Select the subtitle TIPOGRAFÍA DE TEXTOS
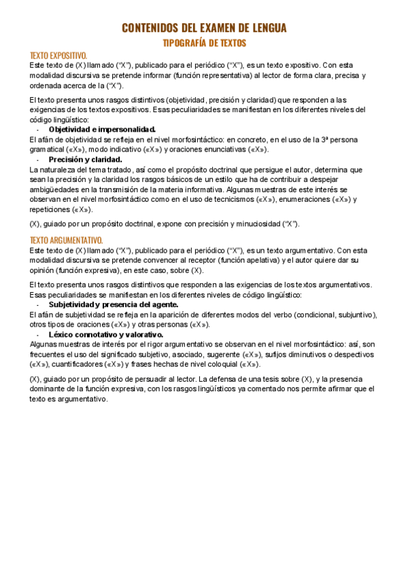[203, 43]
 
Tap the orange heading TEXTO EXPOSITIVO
[58, 55]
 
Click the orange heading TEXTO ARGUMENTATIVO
[66, 240]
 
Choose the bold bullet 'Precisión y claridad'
[85, 159]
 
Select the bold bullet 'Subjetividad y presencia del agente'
[113, 305]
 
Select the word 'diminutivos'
[313, 355]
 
